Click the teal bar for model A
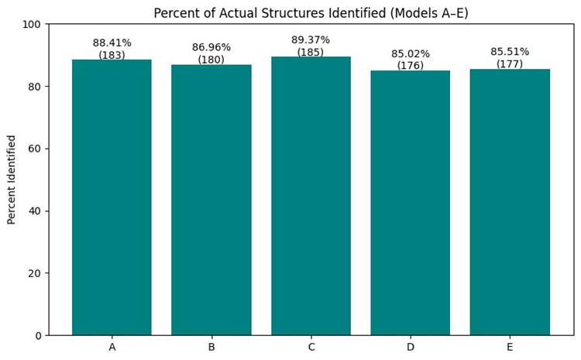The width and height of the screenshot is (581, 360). click(x=112, y=197)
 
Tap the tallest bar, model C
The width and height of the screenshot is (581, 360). click(x=311, y=196)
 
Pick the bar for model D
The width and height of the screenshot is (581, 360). click(x=410, y=203)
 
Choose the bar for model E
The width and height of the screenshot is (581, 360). click(x=510, y=202)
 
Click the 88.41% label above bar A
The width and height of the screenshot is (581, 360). click(x=112, y=43)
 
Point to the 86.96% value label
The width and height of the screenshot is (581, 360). click(x=211, y=48)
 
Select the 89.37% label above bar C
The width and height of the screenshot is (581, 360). click(x=311, y=40)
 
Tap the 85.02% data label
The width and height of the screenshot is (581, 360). click(x=410, y=54)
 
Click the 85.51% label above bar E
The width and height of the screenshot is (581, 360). click(x=510, y=52)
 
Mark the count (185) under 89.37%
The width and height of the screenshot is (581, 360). click(x=311, y=53)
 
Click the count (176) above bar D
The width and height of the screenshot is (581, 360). click(x=410, y=66)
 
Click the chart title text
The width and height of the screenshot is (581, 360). click(x=311, y=13)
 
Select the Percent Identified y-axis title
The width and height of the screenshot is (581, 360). click(x=12, y=180)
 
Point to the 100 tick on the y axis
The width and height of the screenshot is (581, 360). click(x=32, y=24)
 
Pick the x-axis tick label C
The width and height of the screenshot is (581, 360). click(x=311, y=347)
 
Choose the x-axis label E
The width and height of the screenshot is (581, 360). click(x=510, y=347)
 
